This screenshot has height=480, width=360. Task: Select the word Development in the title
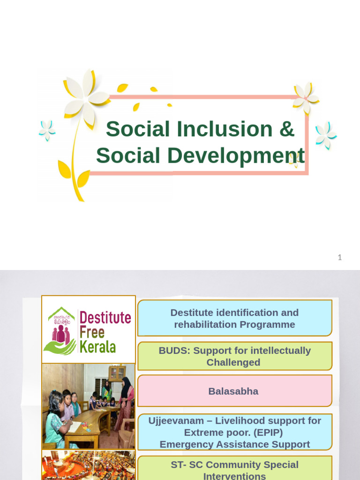(x=236, y=156)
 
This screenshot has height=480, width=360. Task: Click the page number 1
(x=340, y=257)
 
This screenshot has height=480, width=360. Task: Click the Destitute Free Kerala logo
(x=89, y=330)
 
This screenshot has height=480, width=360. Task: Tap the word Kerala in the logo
(x=98, y=347)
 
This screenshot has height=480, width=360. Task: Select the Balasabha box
(x=234, y=391)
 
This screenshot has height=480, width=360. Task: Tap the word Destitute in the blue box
(x=192, y=313)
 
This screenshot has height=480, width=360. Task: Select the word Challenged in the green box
(x=233, y=362)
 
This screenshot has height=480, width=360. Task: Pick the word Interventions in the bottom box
(x=234, y=476)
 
